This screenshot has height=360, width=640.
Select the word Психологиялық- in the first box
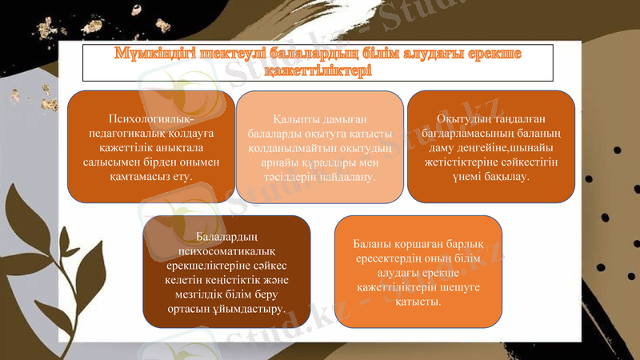point(151,119)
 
